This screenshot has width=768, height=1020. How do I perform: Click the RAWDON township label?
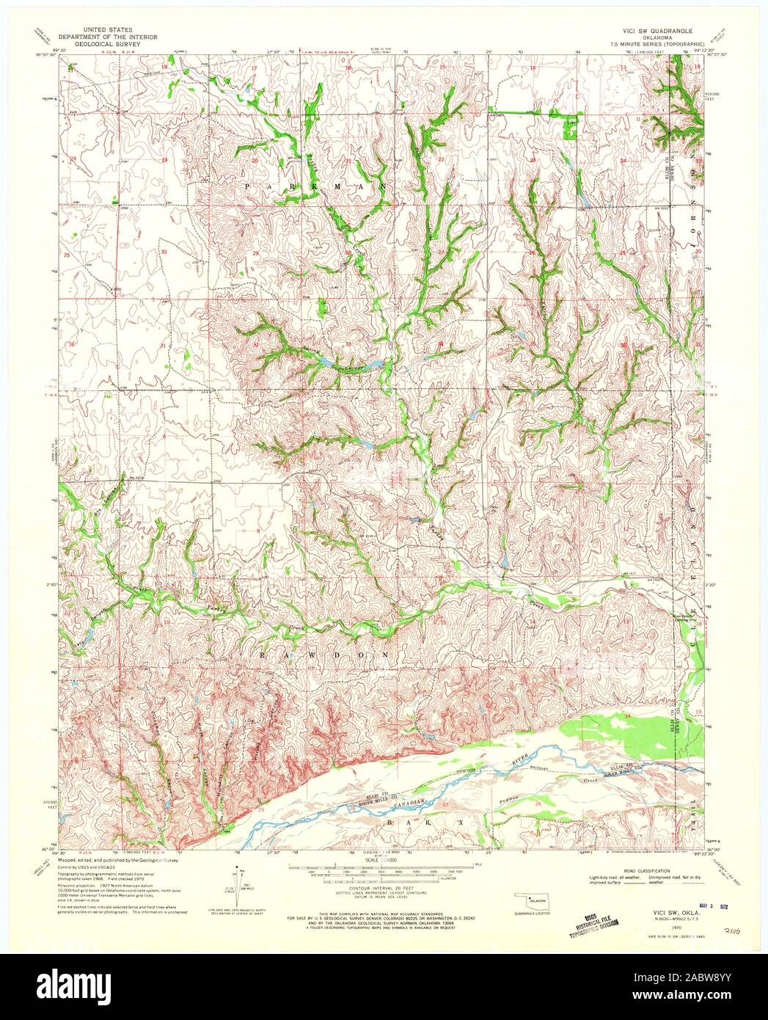pyautogui.click(x=326, y=652)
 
